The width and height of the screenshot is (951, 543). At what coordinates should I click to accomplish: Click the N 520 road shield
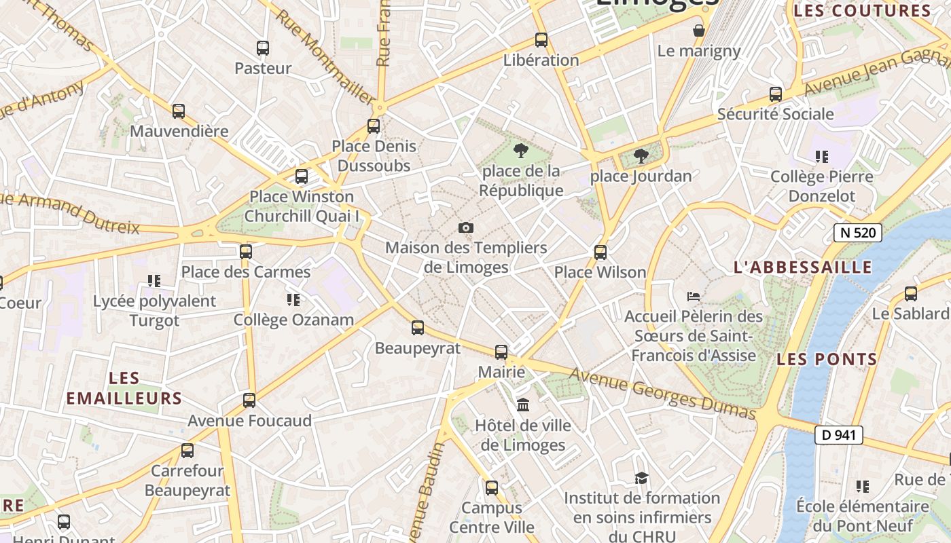(x=857, y=233)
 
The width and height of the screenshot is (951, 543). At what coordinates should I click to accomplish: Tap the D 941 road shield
(x=839, y=435)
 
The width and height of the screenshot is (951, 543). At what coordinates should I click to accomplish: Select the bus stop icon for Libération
(x=541, y=40)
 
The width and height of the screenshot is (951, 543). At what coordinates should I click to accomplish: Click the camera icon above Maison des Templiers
(x=466, y=228)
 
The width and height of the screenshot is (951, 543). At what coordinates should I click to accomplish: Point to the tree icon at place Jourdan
(x=641, y=157)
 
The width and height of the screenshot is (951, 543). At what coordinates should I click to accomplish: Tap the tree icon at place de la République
(x=521, y=151)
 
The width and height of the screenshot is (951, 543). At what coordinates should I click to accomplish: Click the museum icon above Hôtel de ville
(x=523, y=405)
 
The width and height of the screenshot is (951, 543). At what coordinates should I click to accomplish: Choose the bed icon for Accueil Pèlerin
(x=694, y=296)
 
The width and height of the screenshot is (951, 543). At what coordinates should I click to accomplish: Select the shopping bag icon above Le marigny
(x=699, y=31)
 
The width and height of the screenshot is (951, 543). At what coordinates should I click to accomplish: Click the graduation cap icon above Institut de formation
(x=641, y=479)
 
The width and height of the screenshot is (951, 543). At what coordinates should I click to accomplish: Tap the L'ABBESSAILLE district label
(x=803, y=267)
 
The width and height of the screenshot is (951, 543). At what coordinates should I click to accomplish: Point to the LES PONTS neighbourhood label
(x=827, y=360)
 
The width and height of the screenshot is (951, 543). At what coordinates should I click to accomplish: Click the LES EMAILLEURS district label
(x=124, y=388)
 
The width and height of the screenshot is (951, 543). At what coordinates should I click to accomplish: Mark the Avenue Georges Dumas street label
(x=662, y=394)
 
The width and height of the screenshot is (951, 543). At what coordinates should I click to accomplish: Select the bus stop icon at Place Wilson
(x=600, y=252)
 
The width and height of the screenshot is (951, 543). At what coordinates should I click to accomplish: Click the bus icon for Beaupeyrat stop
(x=418, y=328)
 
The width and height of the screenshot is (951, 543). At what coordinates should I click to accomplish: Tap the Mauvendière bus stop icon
(x=179, y=111)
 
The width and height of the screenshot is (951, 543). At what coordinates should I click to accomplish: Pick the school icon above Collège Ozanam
(x=293, y=299)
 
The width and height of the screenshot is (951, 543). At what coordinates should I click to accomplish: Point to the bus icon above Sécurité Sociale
(x=776, y=94)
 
